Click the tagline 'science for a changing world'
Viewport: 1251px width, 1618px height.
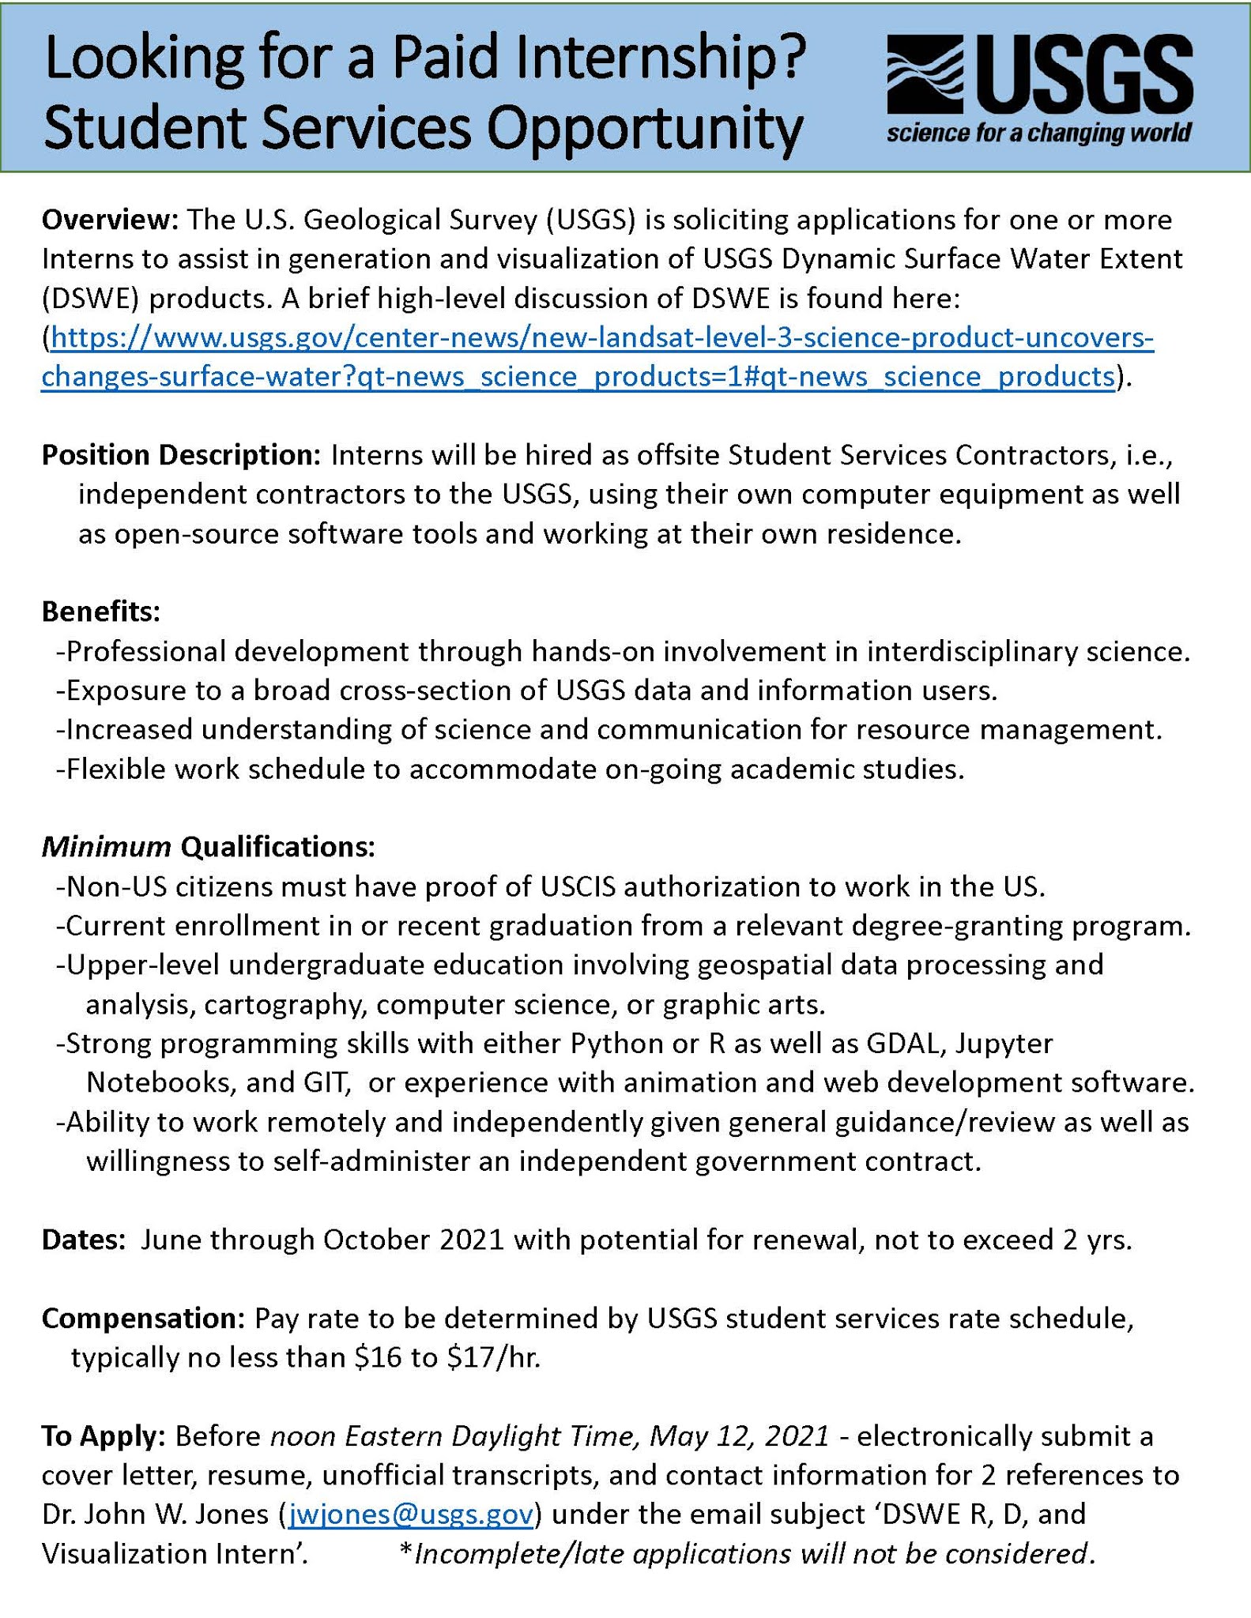1038,132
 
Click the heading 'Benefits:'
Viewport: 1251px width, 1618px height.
100,611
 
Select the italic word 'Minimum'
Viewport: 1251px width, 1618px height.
106,847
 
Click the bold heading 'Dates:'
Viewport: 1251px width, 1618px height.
83,1240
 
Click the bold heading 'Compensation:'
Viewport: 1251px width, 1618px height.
144,1319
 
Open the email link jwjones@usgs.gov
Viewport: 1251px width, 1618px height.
411,1515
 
